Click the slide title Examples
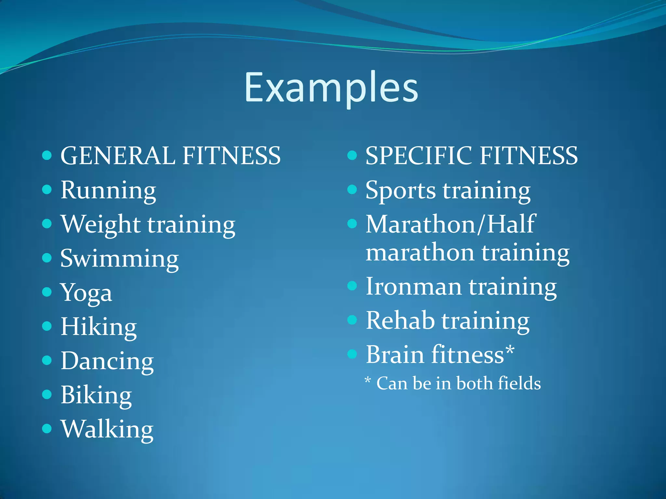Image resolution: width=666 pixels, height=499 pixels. click(x=331, y=88)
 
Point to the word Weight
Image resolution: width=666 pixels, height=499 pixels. click(x=101, y=225)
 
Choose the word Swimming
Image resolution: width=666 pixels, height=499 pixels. click(x=119, y=259)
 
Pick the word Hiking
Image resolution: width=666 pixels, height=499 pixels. click(x=99, y=327)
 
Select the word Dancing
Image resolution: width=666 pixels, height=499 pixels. click(x=107, y=361)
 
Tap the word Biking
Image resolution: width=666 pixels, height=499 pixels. click(x=96, y=395)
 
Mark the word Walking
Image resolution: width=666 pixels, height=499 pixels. click(x=107, y=429)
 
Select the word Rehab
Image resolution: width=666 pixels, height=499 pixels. click(x=400, y=321)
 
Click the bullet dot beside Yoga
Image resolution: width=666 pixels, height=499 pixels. click(x=47, y=292)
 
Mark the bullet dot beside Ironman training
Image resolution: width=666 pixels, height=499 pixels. click(x=352, y=286)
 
